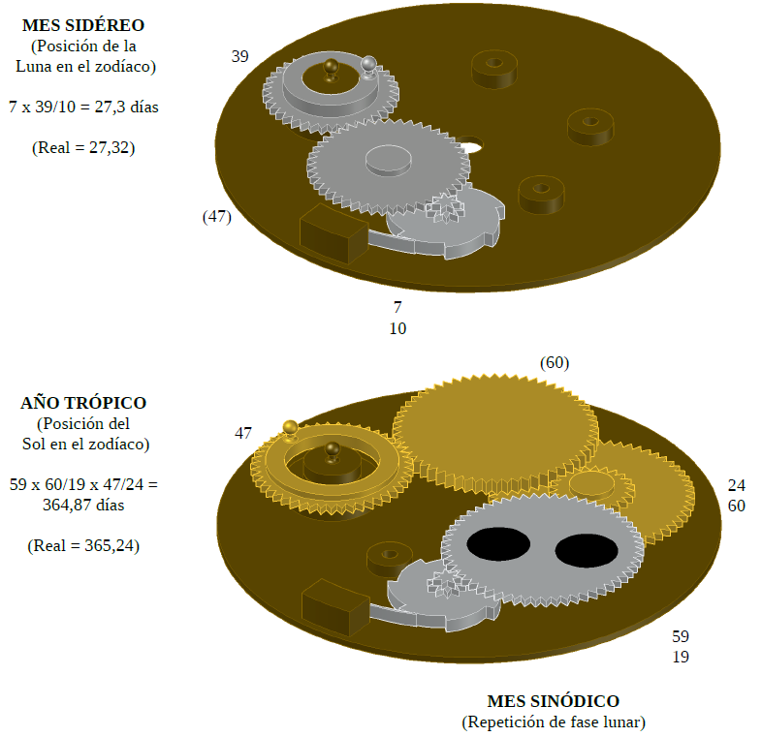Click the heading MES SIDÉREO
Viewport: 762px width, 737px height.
pyautogui.click(x=83, y=25)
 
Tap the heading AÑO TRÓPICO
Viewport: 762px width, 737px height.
pyautogui.click(x=83, y=403)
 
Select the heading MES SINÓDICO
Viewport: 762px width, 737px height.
pyautogui.click(x=553, y=701)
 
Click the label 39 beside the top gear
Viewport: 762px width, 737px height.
pyautogui.click(x=239, y=56)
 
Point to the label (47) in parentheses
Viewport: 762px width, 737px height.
pyautogui.click(x=217, y=216)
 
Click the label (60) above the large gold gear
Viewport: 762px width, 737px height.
pyautogui.click(x=555, y=362)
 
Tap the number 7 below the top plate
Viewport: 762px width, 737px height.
pyautogui.click(x=397, y=307)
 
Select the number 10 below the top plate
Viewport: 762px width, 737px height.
pyautogui.click(x=397, y=328)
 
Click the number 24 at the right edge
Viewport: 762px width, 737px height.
pyautogui.click(x=736, y=485)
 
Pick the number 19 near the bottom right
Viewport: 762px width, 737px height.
pyautogui.click(x=681, y=657)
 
